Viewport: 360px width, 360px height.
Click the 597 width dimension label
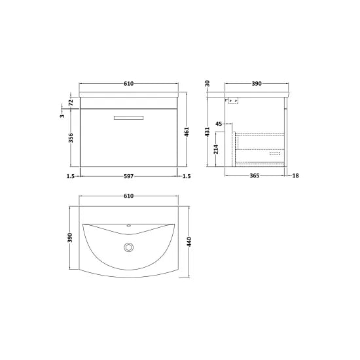coord(128,176)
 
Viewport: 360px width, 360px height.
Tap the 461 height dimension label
coord(187,132)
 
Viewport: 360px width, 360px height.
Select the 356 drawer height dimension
coord(71,137)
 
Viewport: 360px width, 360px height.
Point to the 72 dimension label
coord(71,101)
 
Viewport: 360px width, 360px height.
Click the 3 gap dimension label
coord(62,116)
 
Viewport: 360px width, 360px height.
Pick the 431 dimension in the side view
coord(207,132)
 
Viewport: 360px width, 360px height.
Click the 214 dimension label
coord(216,149)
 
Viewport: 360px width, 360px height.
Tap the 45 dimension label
coord(219,124)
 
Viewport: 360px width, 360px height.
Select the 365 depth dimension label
coord(255,175)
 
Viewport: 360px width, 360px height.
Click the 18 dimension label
coord(295,175)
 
